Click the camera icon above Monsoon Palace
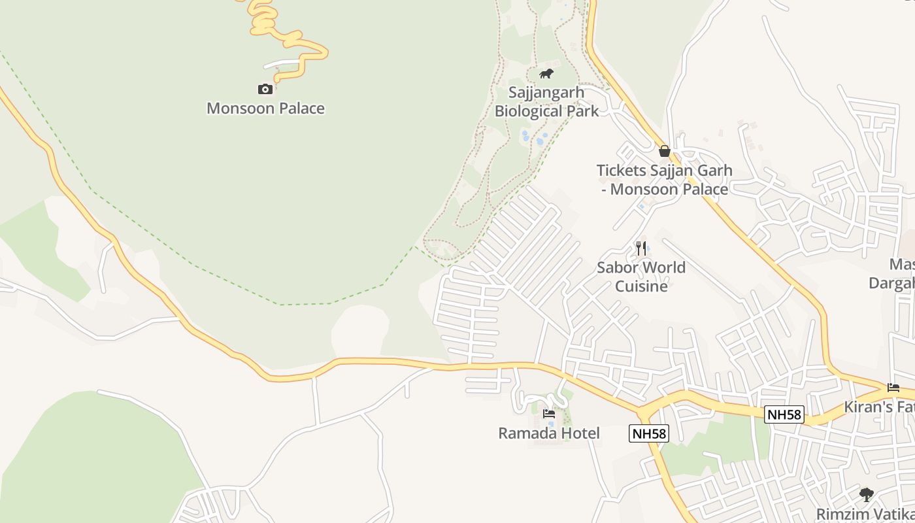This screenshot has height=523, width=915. (265, 89)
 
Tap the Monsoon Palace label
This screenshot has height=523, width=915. (265, 109)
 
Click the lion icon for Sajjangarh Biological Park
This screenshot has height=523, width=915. (546, 73)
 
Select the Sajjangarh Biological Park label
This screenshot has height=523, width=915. (546, 102)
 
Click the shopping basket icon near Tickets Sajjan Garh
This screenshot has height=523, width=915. (665, 151)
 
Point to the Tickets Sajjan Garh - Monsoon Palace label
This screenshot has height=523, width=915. (664, 180)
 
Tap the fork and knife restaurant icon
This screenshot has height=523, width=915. (641, 248)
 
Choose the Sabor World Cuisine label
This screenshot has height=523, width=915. (641, 277)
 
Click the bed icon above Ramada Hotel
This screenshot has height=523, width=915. (549, 414)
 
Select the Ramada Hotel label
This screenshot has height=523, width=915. (549, 433)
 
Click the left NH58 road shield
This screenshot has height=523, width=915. (649, 433)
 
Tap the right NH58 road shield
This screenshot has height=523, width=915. (784, 414)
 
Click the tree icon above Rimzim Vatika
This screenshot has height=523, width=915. (867, 495)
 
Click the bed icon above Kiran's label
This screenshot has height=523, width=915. (893, 388)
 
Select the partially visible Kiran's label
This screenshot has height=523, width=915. (879, 407)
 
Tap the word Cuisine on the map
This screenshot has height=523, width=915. (641, 286)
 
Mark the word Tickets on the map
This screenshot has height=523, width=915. (620, 171)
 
